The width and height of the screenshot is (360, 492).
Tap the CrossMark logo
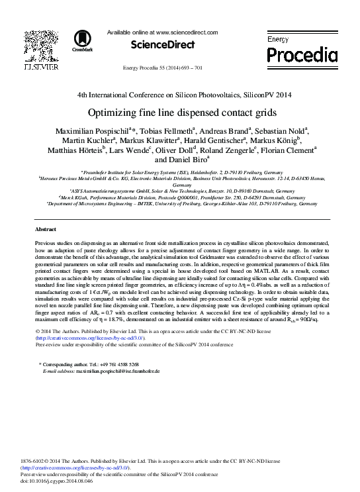83,40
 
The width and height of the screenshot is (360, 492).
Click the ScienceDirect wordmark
163,45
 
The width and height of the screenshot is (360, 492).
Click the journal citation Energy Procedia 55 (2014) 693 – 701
163,69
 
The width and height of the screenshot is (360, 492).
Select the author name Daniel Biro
171,160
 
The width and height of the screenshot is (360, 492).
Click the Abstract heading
45,228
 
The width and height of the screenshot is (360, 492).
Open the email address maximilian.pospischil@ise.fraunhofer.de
117,371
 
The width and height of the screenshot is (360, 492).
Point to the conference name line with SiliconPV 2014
179,95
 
